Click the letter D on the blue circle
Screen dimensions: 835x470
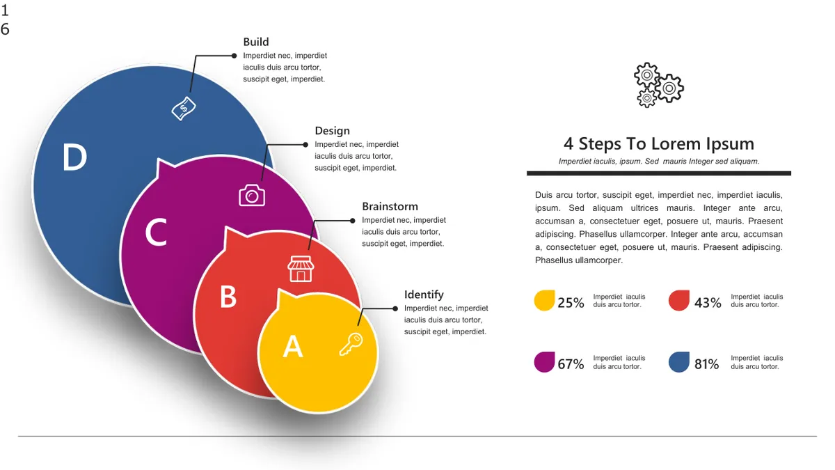coord(74,157)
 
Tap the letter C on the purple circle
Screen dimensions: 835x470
coord(156,232)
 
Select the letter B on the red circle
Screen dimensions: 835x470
coord(228,297)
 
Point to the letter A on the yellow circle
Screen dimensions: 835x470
coord(293,346)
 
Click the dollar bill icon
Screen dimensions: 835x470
coord(184,109)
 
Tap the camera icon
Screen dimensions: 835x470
coord(252,195)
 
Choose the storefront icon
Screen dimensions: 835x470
coord(301,269)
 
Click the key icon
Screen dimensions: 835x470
coord(351,344)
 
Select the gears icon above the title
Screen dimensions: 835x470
coord(659,85)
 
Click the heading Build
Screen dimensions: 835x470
coord(256,42)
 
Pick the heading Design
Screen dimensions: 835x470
coord(332,131)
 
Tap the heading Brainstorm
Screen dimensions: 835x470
coord(390,206)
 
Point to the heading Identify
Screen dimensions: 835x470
coord(424,295)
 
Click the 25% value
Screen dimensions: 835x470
coord(571,302)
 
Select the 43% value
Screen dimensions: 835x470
coord(708,302)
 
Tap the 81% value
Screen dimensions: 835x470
coord(706,364)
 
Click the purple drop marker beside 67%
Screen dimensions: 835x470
coord(544,362)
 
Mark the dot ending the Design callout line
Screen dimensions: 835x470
coord(305,145)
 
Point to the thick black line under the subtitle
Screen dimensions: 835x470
coord(659,173)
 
